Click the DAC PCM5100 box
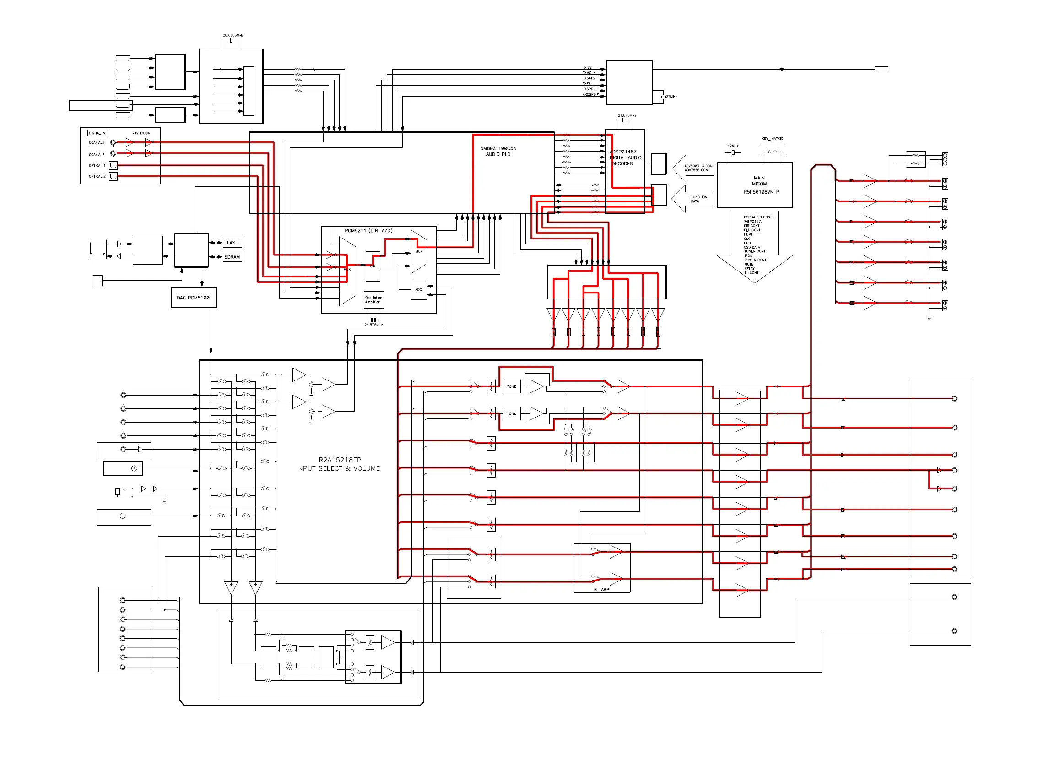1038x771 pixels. point(193,298)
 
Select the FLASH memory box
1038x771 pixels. point(232,243)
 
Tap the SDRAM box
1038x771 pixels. point(232,257)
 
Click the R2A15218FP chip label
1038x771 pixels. point(340,460)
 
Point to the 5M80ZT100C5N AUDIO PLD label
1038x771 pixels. point(498,151)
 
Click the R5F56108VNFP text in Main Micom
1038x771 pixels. point(761,192)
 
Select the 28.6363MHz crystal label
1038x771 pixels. point(233,35)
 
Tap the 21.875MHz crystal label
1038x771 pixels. point(627,116)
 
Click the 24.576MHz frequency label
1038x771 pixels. point(373,325)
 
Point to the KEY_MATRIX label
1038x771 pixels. point(772,139)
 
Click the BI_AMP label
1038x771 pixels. point(601,589)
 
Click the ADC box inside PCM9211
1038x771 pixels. point(418,290)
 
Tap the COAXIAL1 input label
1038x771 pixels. point(97,143)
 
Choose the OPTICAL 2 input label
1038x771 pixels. point(97,176)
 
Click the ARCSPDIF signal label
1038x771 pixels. point(590,95)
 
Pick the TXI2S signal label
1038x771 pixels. point(587,68)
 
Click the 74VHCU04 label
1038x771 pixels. point(141,133)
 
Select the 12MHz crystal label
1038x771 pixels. point(733,146)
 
